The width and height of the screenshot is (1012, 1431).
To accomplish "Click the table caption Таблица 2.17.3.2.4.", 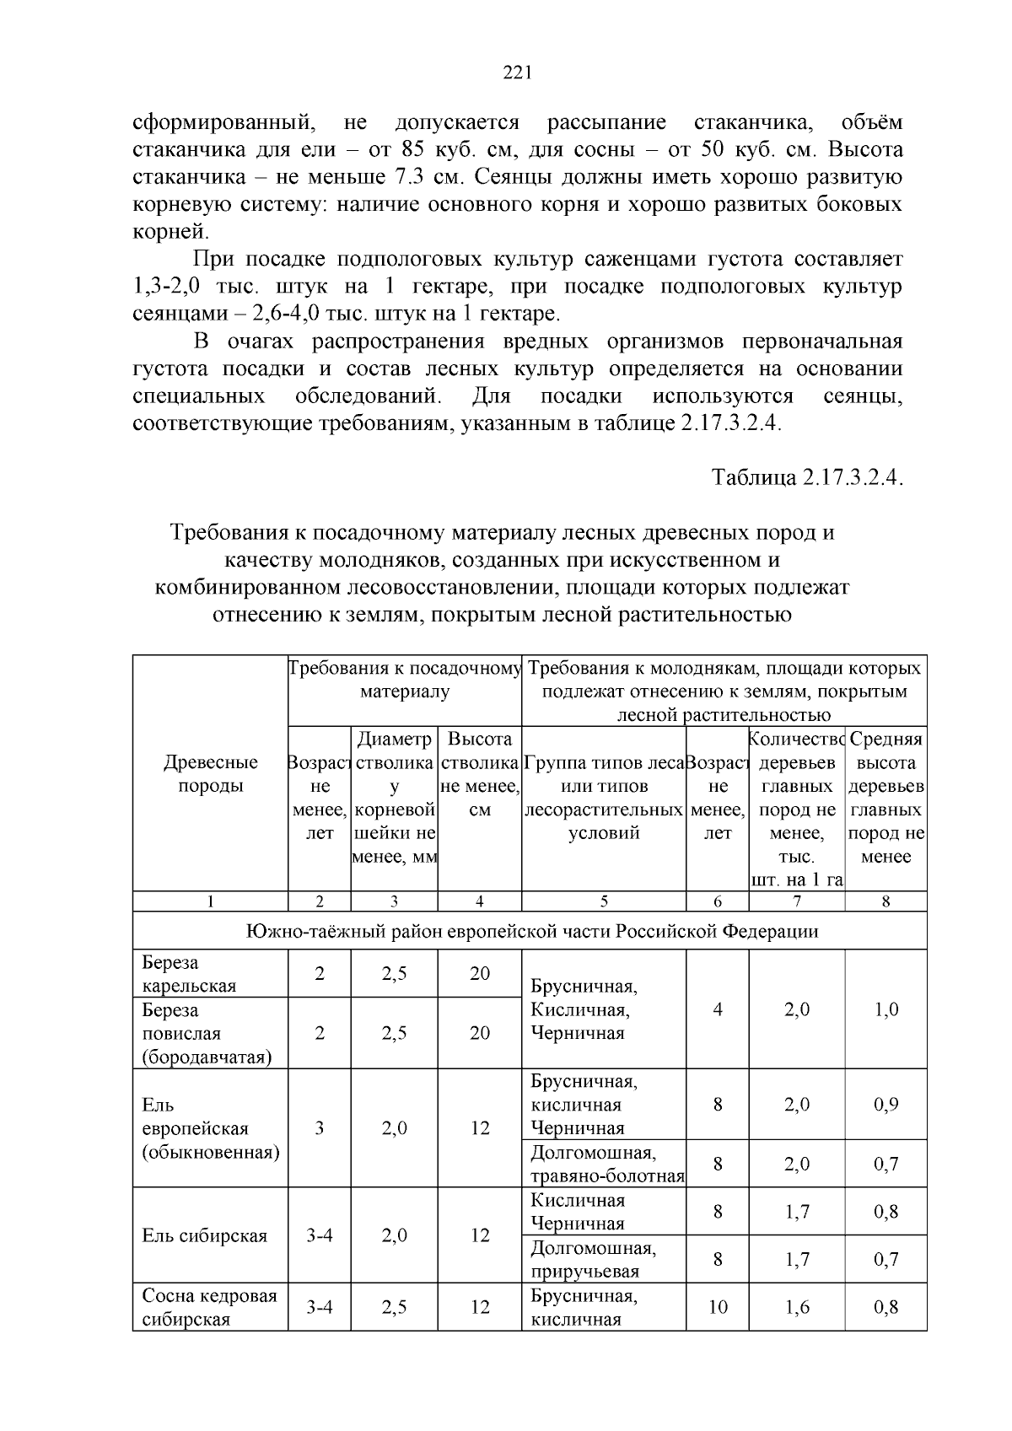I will [x=807, y=477].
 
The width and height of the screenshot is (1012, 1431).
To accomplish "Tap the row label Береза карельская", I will [x=189, y=974].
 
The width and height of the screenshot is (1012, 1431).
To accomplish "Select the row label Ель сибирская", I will [x=205, y=1235].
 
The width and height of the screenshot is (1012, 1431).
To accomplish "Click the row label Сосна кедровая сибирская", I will [x=208, y=1307].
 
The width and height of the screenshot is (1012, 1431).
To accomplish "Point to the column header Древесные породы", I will [x=210, y=774].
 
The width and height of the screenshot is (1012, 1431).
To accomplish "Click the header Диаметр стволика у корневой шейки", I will [x=395, y=798].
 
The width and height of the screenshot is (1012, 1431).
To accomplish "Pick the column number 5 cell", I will [x=604, y=901].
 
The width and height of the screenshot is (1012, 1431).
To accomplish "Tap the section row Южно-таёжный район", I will [x=531, y=932].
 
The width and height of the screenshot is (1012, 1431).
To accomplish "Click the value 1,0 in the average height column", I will [x=886, y=1009].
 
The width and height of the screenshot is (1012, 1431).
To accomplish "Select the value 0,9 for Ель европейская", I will [x=885, y=1104].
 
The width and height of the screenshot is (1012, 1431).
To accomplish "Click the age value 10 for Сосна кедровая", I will [x=718, y=1307].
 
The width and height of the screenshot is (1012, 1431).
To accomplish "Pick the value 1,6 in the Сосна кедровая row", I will [x=797, y=1307].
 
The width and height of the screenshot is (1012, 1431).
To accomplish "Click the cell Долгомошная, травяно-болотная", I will [x=606, y=1164].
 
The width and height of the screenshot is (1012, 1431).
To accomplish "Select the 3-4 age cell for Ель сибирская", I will [x=320, y=1235].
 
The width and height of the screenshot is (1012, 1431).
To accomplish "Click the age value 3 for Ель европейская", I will [x=320, y=1128].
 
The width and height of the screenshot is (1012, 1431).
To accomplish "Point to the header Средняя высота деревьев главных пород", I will [x=886, y=798].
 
